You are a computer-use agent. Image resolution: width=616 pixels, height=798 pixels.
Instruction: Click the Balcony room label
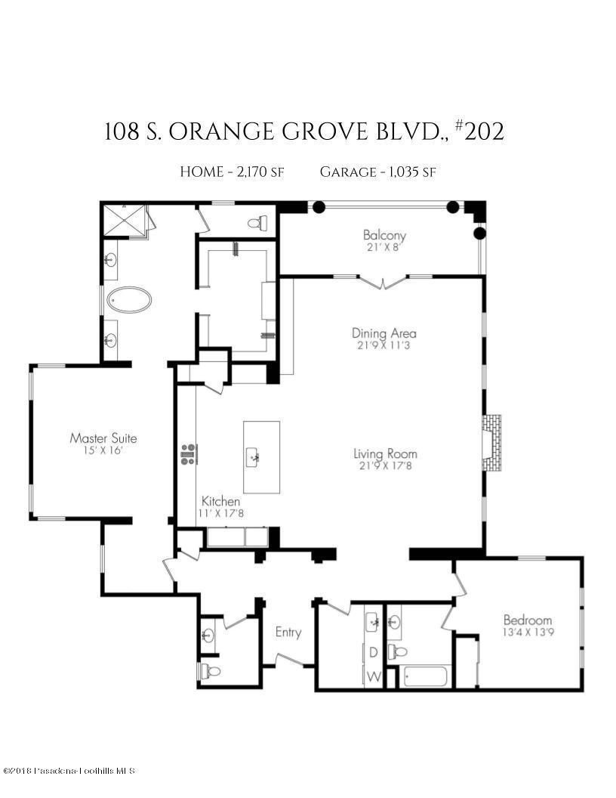point(384,240)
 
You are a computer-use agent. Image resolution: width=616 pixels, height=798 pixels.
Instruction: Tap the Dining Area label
point(383,339)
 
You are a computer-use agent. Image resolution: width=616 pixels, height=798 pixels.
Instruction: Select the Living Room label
point(385,459)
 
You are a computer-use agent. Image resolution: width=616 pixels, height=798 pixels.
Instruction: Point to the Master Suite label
point(103,443)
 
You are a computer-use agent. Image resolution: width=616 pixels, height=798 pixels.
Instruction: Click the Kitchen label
point(220,506)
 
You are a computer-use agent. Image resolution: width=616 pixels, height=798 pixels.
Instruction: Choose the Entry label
point(288,632)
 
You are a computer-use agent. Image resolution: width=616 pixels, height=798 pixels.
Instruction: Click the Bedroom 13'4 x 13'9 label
point(528,626)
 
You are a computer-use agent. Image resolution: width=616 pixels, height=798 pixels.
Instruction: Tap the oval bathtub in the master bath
point(129,300)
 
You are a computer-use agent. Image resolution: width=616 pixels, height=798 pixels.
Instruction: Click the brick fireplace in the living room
point(491,443)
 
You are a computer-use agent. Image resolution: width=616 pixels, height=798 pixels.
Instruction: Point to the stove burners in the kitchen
point(189,453)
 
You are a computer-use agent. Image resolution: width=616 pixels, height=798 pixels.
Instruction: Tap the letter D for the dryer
point(374,652)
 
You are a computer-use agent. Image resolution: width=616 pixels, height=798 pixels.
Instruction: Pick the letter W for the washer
point(374,677)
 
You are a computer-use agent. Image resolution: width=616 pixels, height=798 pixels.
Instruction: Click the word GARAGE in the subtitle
point(348,172)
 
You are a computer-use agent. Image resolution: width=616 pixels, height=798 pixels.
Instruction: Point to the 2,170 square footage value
point(251,172)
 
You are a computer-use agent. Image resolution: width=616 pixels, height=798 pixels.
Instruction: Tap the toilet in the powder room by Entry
point(209,672)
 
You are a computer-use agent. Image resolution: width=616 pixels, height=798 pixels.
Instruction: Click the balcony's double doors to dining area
point(383,281)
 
